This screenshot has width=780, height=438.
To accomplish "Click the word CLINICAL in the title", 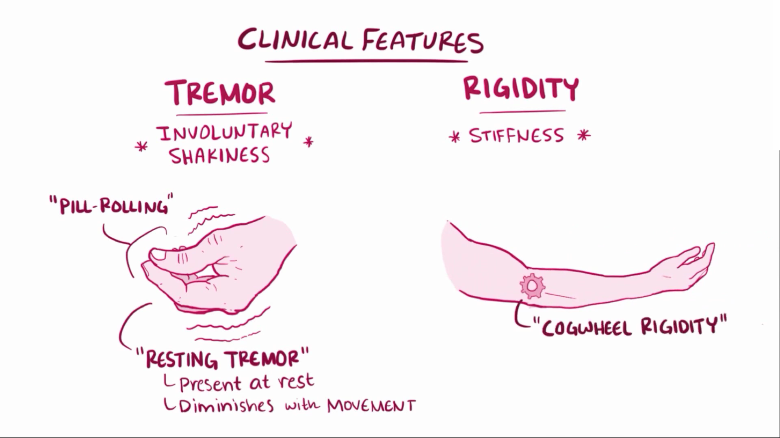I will [295, 40].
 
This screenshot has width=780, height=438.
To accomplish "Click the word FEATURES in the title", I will [422, 42].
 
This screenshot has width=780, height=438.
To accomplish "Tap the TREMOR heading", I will [220, 93].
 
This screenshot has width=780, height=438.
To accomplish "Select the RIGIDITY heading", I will [521, 89].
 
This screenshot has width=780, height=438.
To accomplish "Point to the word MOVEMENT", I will [371, 405].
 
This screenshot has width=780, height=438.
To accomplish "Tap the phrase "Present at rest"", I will [246, 383].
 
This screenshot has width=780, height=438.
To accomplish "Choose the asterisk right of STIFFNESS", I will [584, 135].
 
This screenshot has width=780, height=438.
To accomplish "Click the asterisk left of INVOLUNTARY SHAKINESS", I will [141, 147].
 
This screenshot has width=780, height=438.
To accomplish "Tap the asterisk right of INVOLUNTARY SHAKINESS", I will [308, 142].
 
